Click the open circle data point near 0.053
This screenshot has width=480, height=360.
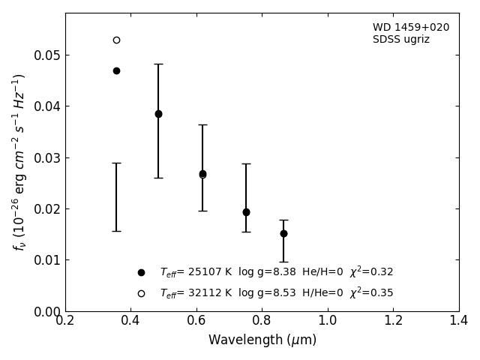116,40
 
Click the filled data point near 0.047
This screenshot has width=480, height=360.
116,70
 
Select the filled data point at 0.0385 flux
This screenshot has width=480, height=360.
158,114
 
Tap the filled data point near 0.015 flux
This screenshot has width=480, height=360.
283,233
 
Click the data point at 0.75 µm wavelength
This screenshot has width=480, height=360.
246,212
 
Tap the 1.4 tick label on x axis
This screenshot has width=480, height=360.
459,321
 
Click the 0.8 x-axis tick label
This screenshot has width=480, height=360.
262,321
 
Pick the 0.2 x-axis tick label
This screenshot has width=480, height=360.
65,321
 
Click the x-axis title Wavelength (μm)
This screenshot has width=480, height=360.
262,340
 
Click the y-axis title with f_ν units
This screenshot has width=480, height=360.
19,161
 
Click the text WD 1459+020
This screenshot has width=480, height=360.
411,28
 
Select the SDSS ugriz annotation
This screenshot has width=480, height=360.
401,40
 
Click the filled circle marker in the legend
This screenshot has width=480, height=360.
141,273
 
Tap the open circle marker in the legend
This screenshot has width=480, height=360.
141,293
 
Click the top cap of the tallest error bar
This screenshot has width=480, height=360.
158,64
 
